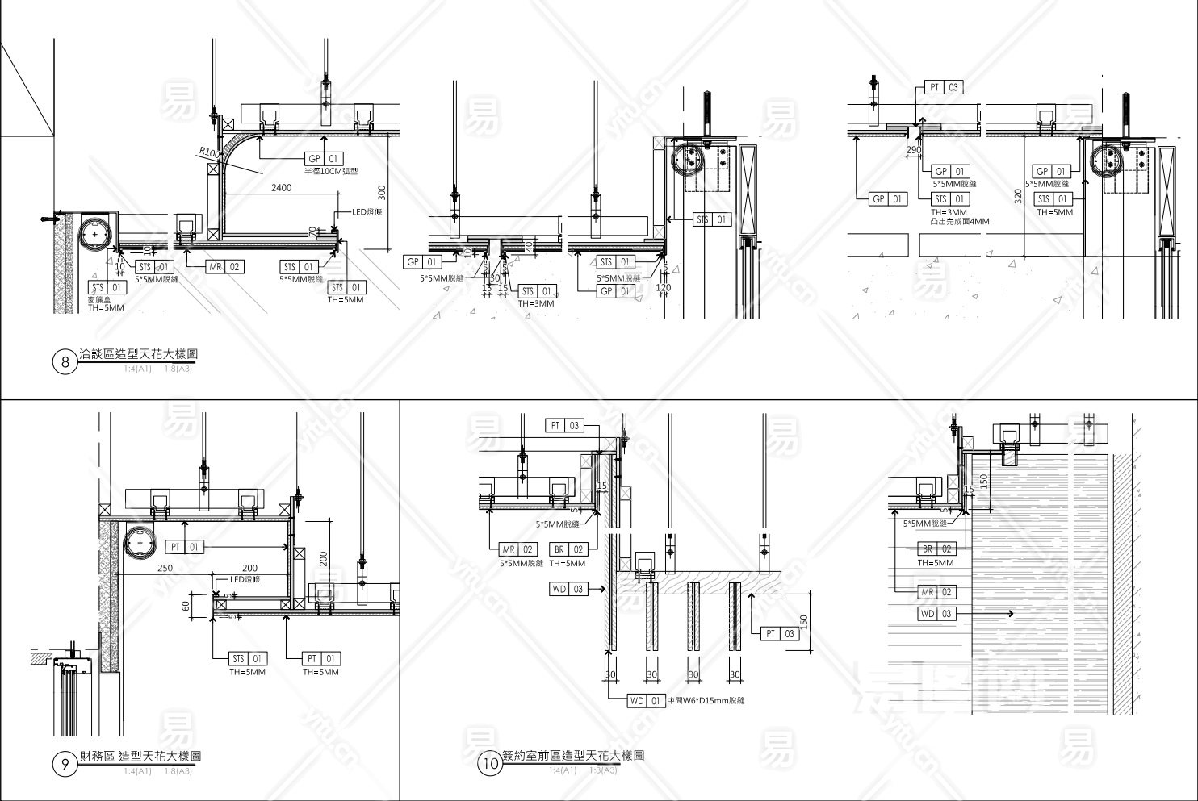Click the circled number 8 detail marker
(65, 362)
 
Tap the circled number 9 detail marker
(65, 764)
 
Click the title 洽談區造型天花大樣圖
(138, 354)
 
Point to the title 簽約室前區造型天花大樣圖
(573, 756)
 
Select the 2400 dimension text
(281, 187)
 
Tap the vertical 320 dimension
(1019, 194)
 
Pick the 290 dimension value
(914, 150)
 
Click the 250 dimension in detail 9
(165, 568)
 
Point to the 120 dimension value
(664, 287)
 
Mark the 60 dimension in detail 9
(186, 605)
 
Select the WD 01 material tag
(646, 701)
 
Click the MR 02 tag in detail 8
(224, 267)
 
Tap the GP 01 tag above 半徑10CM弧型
(323, 159)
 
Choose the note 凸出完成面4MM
(960, 221)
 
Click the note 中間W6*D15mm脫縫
(706, 701)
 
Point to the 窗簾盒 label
(98, 299)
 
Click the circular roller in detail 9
(141, 544)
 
